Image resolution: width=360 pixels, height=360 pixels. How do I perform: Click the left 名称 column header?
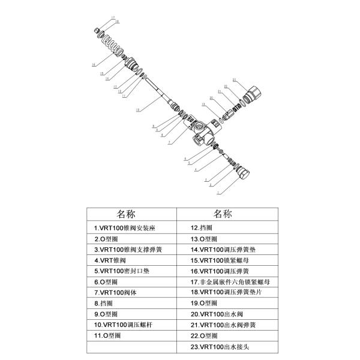[x=130, y=214]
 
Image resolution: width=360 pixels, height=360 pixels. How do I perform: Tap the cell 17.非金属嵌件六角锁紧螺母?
[x=229, y=281]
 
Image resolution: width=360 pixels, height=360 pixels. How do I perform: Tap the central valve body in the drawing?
[x=201, y=131]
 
